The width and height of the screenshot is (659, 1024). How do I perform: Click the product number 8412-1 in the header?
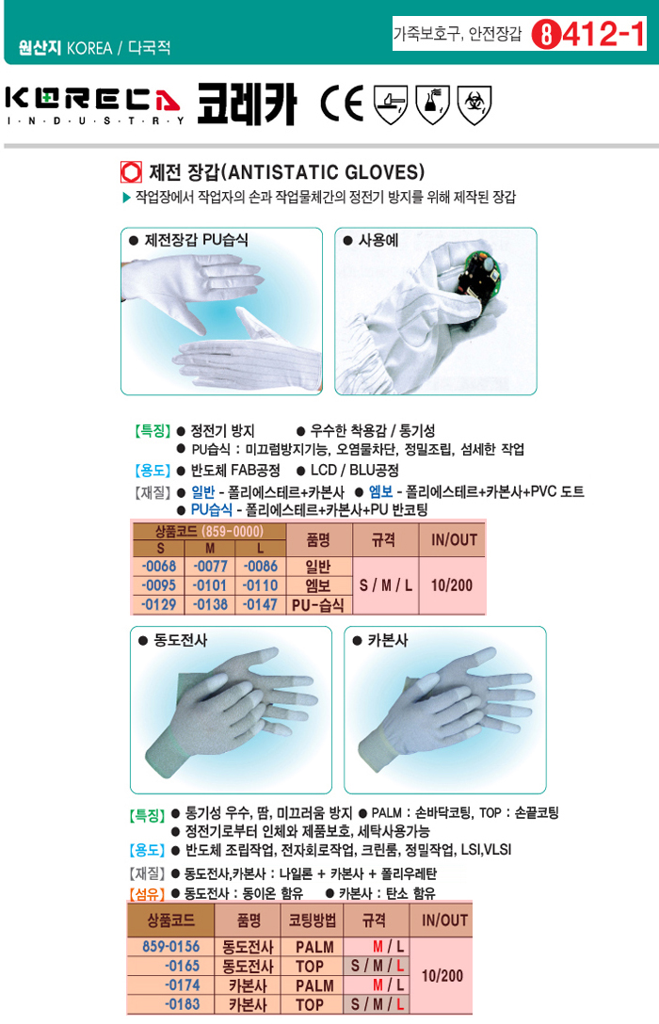pos(588,34)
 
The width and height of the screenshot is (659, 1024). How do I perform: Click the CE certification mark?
pos(342,104)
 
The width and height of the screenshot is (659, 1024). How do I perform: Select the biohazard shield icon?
pos(474,104)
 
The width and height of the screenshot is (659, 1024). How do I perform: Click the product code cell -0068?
pos(159,567)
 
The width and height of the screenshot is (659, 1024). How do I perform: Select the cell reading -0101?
pos(210,585)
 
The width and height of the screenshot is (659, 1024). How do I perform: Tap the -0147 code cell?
pos(261,605)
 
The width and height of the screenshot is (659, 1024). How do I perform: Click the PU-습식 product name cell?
pos(318,605)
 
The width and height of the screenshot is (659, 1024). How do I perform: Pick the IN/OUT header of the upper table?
pos(454,539)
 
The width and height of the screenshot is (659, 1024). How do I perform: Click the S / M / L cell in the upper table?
pos(386,585)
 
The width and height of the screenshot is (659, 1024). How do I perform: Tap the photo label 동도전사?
pos(180,640)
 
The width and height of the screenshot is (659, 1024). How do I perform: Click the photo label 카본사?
pos(388,640)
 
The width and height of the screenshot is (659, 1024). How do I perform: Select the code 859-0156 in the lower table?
pos(171,946)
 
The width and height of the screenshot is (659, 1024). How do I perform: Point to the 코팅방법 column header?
pos(313,920)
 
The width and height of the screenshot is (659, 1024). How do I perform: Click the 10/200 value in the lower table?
pos(442,976)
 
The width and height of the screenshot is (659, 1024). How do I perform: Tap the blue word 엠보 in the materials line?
pos(380,491)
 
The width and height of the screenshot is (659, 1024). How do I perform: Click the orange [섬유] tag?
pos(147,893)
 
